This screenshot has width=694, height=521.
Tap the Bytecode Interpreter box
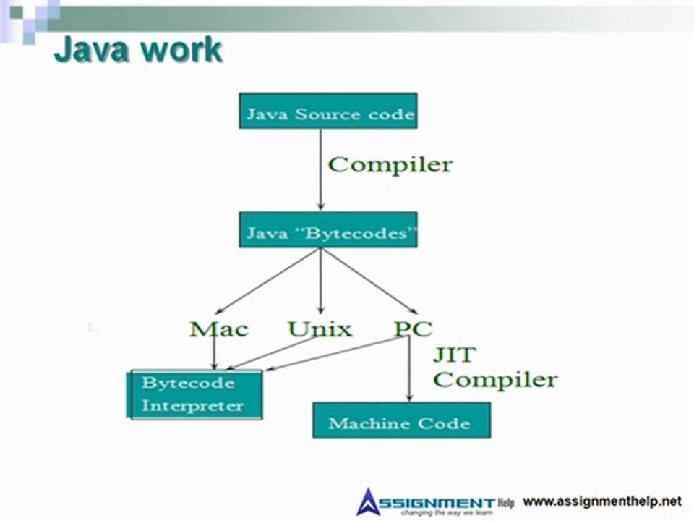194,394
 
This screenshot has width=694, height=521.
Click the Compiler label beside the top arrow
390,164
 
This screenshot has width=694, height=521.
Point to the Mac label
218,329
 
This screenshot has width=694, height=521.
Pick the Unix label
320,329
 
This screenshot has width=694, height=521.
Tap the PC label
413,329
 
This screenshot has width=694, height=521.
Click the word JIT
454,355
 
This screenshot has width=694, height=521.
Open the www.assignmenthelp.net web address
601,501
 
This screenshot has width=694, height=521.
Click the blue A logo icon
368,501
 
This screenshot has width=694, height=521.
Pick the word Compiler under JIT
495,379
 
